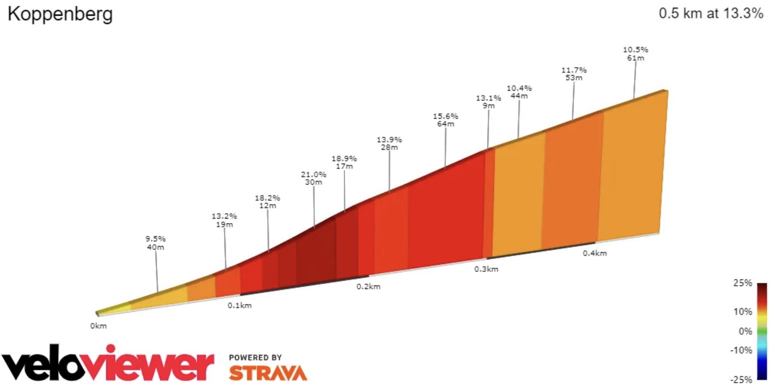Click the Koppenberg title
tap(60, 14)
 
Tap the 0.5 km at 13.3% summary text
tap(711, 13)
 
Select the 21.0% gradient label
tap(313, 178)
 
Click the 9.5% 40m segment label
tap(155, 243)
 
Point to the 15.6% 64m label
tap(445, 120)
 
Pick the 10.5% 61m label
tap(635, 54)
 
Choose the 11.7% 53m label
tap(573, 74)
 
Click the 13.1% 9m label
tap(488, 102)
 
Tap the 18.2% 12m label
tap(267, 202)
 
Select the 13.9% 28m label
tap(389, 143)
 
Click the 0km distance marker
tap(99, 326)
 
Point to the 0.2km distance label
tap(368, 287)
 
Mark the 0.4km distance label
tap(595, 253)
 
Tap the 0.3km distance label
tap(486, 269)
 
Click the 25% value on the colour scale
tap(742, 283)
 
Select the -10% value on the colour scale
tap(741, 350)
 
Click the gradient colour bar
tap(762, 331)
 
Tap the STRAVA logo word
tap(268, 373)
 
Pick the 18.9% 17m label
tap(344, 162)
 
